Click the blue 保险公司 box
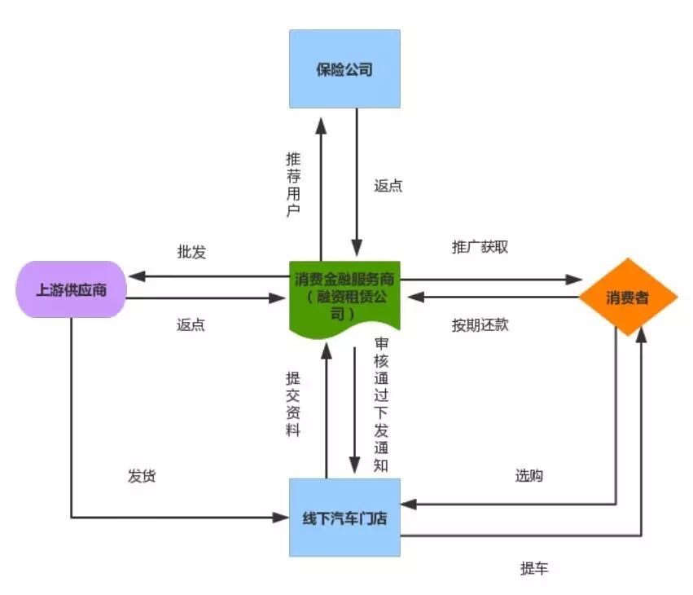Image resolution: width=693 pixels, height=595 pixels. tap(344, 68)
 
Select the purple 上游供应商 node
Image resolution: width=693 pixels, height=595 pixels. tap(71, 289)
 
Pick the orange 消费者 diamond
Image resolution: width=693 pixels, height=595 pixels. tap(628, 297)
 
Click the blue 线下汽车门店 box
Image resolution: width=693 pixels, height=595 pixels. tap(344, 518)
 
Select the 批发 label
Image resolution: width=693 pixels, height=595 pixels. tap(191, 252)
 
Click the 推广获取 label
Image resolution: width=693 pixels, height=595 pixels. tap(480, 247)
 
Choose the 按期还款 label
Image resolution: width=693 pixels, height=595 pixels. tap(480, 325)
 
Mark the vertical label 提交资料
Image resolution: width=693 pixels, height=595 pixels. tap(292, 403)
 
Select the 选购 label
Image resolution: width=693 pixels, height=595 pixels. tap(529, 475)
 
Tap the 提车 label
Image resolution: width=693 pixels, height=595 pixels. tap(534, 568)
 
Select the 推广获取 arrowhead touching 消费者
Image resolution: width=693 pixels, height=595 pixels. tap(575, 279)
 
